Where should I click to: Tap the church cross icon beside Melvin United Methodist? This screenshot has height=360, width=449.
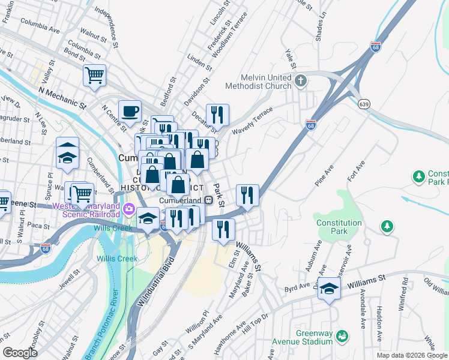click(301, 79)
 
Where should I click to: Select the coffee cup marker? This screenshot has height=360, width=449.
click(130, 112)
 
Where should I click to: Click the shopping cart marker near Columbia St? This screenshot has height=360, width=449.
click(94, 76)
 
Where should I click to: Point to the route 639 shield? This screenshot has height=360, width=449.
click(365, 104)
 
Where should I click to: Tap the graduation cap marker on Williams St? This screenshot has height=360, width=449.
click(329, 289)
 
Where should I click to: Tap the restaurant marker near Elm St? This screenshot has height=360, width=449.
click(223, 230)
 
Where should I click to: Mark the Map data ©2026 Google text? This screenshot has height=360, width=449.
click(411, 355)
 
